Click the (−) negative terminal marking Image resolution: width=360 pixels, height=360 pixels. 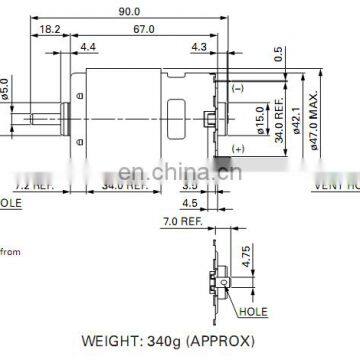(x=238, y=90)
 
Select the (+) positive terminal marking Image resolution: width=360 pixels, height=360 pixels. (x=238, y=147)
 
